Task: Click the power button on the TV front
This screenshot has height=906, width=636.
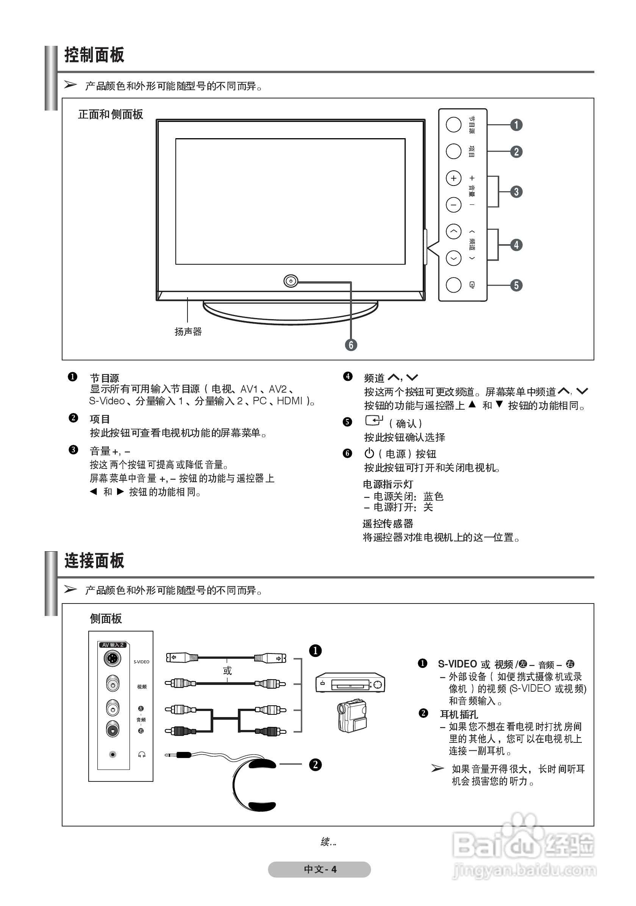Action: pyautogui.click(x=291, y=281)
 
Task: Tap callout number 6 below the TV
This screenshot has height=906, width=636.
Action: pyautogui.click(x=350, y=345)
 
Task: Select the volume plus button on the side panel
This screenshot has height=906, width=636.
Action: pyautogui.click(x=453, y=178)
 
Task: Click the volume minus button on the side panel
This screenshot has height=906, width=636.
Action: pyautogui.click(x=453, y=205)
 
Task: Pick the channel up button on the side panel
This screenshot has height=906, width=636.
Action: pyautogui.click(x=453, y=231)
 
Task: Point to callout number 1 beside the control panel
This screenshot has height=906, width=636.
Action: pyautogui.click(x=516, y=125)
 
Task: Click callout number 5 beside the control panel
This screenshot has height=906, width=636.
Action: pyautogui.click(x=516, y=285)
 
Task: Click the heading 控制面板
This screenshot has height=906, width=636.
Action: pyautogui.click(x=94, y=55)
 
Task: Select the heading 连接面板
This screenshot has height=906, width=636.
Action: pyautogui.click(x=94, y=561)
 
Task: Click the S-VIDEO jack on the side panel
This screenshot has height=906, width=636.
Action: pyautogui.click(x=113, y=658)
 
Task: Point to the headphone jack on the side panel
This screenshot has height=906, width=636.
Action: pyautogui.click(x=113, y=755)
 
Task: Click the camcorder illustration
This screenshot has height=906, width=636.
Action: pyautogui.click(x=352, y=716)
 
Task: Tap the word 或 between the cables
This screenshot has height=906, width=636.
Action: pyautogui.click(x=227, y=671)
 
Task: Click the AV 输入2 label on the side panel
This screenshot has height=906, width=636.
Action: pyautogui.click(x=113, y=645)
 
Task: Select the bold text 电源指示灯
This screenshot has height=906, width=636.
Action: pyautogui.click(x=388, y=484)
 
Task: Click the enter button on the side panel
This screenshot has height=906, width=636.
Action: pyautogui.click(x=453, y=285)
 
